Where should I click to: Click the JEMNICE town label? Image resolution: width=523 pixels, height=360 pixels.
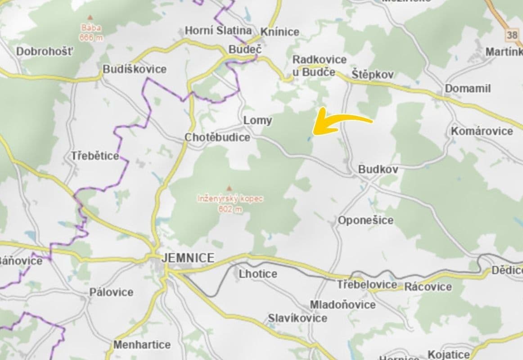tap(188, 258)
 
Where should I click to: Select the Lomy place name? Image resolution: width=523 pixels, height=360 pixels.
tap(257, 121)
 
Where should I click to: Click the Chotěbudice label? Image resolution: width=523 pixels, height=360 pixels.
tap(217, 137)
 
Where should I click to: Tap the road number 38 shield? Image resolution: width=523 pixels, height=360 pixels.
tap(512, 35)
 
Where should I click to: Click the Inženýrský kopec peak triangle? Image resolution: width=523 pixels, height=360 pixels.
tap(230, 188)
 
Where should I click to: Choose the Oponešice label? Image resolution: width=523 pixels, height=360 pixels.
tap(365, 220)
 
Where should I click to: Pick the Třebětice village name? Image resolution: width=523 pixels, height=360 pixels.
tap(95, 156)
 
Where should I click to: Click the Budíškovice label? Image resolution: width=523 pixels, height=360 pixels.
tap(135, 69)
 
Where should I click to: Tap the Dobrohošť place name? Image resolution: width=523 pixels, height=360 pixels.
tap(44, 51)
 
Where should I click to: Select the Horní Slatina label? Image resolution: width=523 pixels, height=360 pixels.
tap(218, 31)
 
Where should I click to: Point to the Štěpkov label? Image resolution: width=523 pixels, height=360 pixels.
tap(373, 74)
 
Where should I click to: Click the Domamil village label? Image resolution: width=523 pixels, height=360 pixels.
tap(468, 88)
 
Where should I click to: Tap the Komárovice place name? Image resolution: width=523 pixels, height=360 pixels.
tap(482, 131)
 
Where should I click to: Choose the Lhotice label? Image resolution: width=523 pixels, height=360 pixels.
tap(258, 274)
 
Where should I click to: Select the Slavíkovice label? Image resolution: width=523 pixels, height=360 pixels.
tap(298, 318)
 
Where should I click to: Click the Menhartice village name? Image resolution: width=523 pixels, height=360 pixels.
tap(142, 345)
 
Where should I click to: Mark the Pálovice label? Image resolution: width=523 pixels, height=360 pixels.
tap(111, 292)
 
